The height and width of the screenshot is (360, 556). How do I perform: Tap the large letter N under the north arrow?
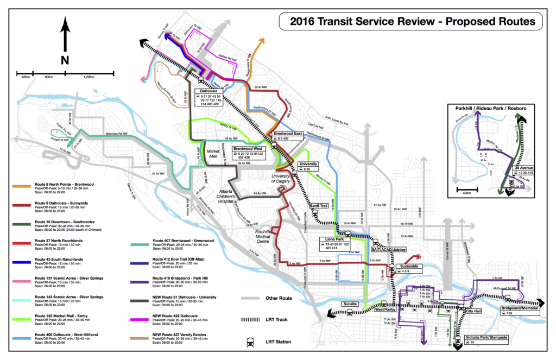click(x=65, y=59)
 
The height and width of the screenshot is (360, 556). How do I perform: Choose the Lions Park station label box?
click(x=335, y=242)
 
